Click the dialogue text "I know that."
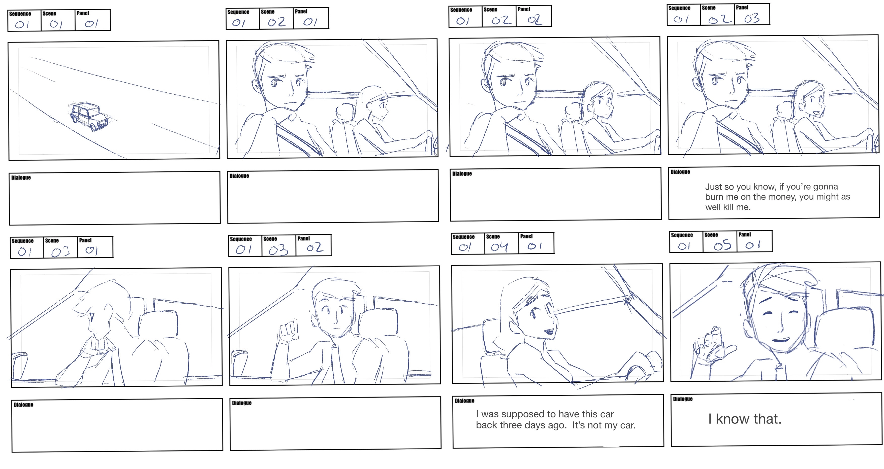(x=745, y=419)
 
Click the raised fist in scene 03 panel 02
(x=288, y=332)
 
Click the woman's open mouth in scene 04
(x=548, y=332)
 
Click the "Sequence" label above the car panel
(x=20, y=14)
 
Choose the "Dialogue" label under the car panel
(x=21, y=177)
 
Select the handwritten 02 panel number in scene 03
(x=315, y=247)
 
